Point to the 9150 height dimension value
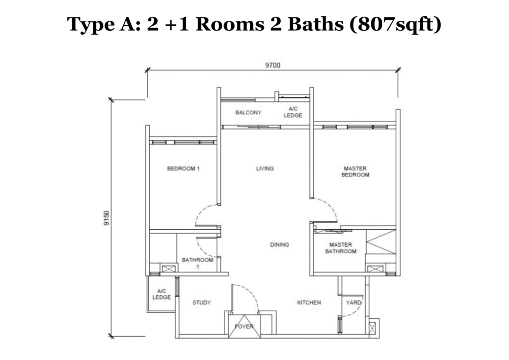click(106, 218)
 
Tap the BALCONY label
click(248, 113)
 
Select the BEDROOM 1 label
click(183, 169)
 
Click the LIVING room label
click(264, 169)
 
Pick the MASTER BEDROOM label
click(355, 172)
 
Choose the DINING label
click(279, 245)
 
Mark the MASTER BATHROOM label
click(340, 248)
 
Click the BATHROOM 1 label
click(197, 263)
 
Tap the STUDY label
click(201, 302)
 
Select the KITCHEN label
click(309, 302)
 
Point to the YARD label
click(353, 302)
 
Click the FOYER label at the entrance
click(244, 327)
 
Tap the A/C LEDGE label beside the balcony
click(293, 112)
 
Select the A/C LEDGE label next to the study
click(161, 294)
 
